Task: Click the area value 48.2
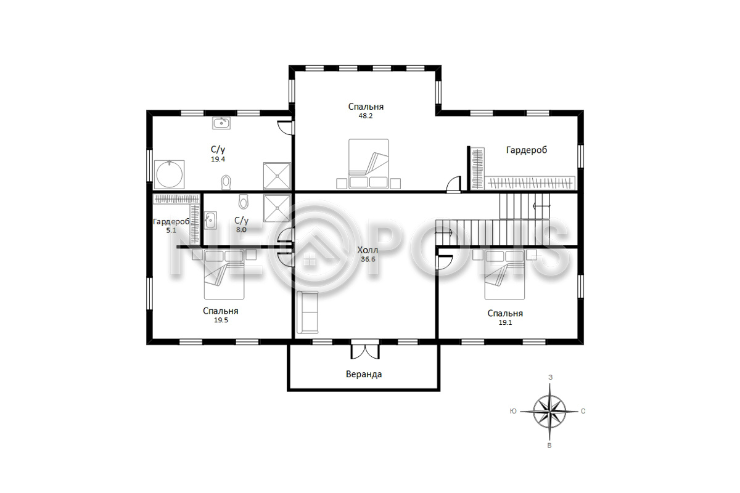point(365,116)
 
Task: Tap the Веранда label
point(364,374)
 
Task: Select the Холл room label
point(368,250)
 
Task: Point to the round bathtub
point(169,174)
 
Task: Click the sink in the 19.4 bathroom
point(221,123)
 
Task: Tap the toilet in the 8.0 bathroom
point(244,202)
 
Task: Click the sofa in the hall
point(307,312)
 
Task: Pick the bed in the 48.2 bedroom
point(368,164)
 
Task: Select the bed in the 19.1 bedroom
point(504,274)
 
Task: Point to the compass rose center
point(549,412)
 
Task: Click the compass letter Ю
point(513,411)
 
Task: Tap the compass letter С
point(583,412)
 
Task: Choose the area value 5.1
point(171,230)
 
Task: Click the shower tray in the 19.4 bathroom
point(277,176)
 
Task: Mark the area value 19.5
point(221,320)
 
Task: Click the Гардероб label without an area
point(527,150)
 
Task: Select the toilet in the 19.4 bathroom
point(226,182)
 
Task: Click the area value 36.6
point(368,259)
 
